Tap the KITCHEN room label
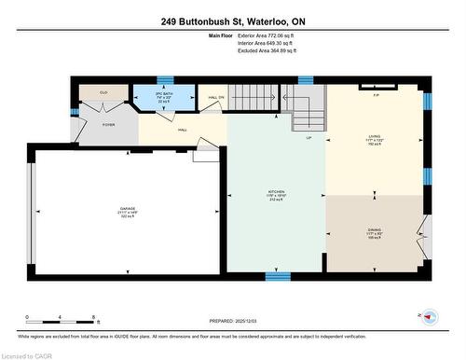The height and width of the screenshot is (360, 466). point(275,194)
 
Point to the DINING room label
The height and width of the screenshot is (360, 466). point(374,234)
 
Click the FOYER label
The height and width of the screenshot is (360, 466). point(108,124)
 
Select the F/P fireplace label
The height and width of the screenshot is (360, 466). point(376,95)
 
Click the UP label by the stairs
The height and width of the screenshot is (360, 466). point(308,137)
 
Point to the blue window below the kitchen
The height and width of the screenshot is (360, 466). point(275,275)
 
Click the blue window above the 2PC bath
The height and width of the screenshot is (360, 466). point(165,80)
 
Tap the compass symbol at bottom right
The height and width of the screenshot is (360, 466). point(429,317)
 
